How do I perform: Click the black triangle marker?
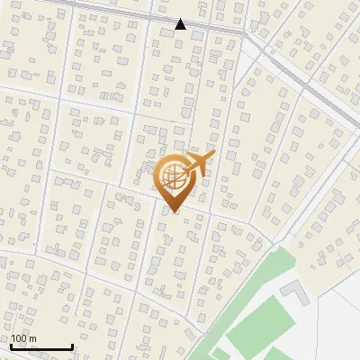(x=180, y=24)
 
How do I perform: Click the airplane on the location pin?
(x=197, y=165)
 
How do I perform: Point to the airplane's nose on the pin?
(x=211, y=157)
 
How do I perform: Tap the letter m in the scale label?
(x=32, y=339)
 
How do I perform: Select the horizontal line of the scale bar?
(x=41, y=347)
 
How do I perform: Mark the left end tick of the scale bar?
(x=11, y=346)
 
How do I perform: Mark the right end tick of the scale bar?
(x=72, y=346)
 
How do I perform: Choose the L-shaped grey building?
(x=294, y=291)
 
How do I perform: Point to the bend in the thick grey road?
(x=245, y=34)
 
